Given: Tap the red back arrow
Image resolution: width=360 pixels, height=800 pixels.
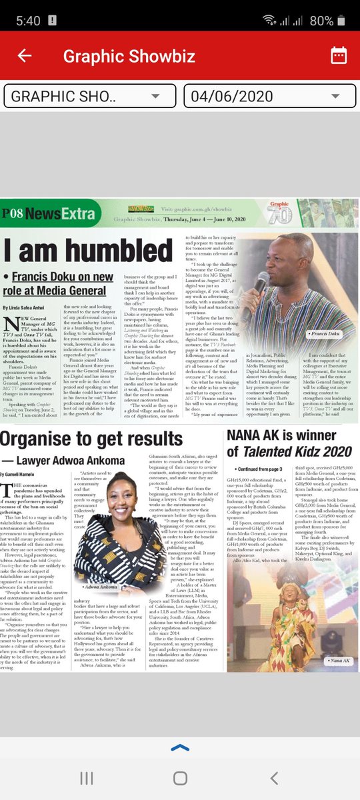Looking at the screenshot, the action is [25, 55].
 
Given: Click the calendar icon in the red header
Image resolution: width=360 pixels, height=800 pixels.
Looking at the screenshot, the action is [338, 55].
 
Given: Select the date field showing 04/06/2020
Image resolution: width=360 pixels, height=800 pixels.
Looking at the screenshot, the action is [269, 96].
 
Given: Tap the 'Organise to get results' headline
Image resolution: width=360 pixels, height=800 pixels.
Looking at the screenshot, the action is [92, 439].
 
